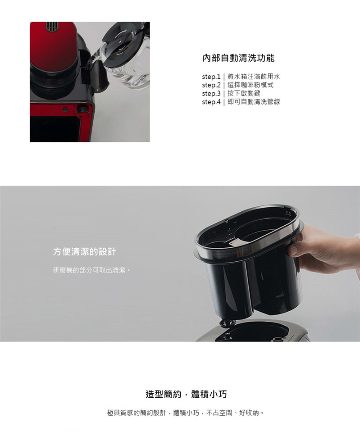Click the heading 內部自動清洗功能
point(238,58)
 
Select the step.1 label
point(211,77)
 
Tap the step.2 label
point(211,85)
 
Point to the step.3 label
point(211,93)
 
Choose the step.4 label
point(211,102)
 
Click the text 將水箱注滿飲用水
point(254,76)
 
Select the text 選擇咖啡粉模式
point(251,85)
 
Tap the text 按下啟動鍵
point(244,93)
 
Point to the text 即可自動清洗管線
point(254,102)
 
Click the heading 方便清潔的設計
point(85,251)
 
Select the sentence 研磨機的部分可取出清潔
point(90,270)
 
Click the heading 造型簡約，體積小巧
point(186,394)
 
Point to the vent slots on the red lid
point(52,27)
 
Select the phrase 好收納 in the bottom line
point(249,413)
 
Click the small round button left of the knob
point(65,110)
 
